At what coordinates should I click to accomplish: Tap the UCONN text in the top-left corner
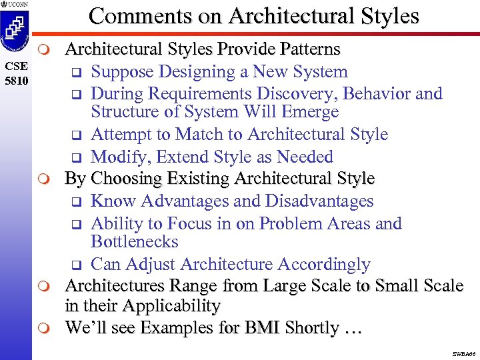tap(18, 5)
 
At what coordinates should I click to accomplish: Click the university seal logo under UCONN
tap(16, 32)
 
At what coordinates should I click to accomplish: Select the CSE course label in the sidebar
tap(16, 67)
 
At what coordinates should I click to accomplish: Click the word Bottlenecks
tap(135, 241)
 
